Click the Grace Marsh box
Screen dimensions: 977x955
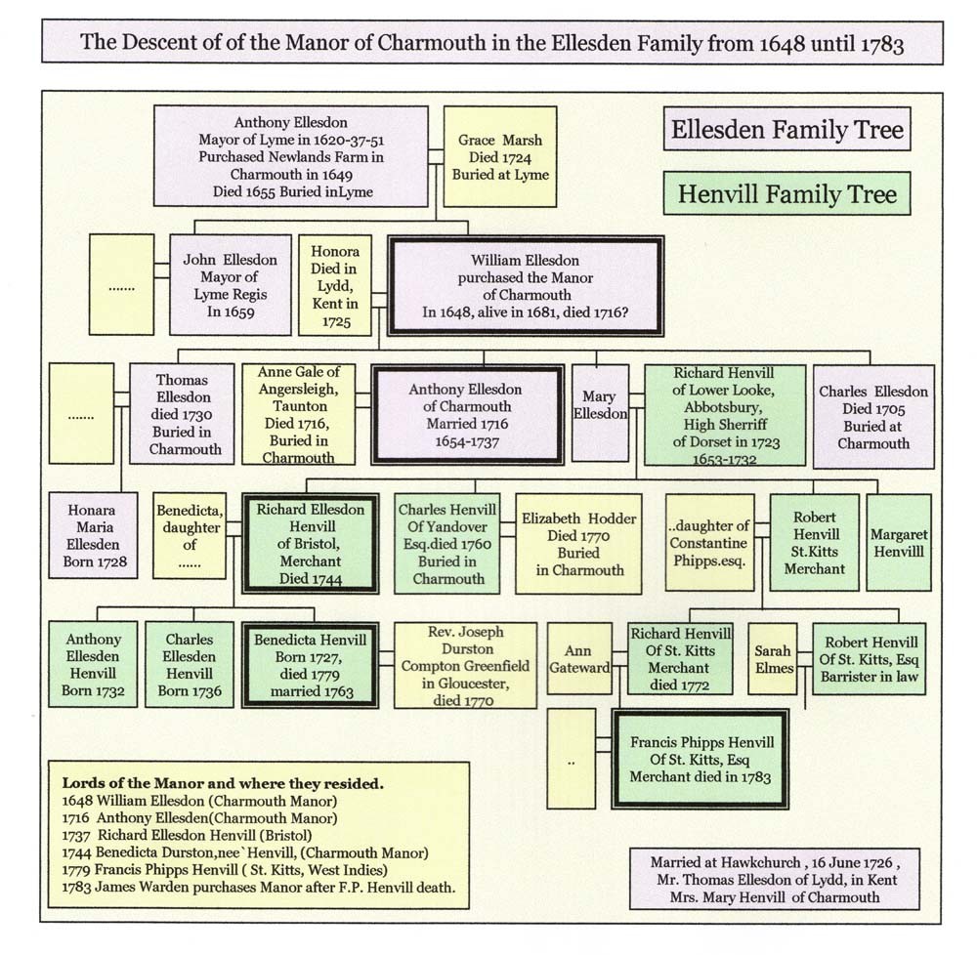(x=499, y=156)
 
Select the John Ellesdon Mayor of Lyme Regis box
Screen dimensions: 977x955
(x=230, y=285)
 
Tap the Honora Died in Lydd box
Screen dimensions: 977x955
(x=334, y=285)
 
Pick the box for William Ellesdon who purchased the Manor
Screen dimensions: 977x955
(x=526, y=286)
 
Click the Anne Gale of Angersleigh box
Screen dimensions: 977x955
(x=298, y=414)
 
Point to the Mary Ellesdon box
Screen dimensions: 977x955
(x=600, y=413)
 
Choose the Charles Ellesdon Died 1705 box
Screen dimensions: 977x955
(x=873, y=417)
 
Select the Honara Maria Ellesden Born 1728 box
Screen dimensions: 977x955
(x=93, y=535)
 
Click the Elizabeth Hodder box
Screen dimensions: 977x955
(x=578, y=544)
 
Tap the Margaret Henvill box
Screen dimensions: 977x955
(x=899, y=542)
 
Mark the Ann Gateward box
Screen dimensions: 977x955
(x=578, y=659)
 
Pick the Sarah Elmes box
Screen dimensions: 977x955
(x=773, y=659)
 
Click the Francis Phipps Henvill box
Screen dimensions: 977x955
(x=701, y=759)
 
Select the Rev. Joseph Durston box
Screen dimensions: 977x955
(x=465, y=666)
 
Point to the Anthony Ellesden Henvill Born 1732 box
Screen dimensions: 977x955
(x=93, y=664)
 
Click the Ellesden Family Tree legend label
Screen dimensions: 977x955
(x=786, y=129)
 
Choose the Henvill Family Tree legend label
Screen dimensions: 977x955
(x=786, y=193)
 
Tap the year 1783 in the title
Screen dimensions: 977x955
(x=883, y=44)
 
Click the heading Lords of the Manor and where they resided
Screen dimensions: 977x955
(x=223, y=783)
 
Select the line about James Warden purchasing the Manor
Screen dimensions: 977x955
(x=259, y=888)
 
